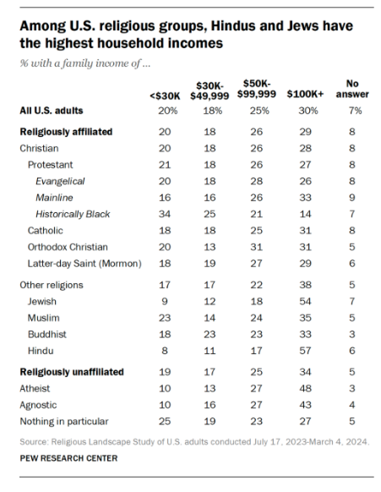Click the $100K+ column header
point(305,94)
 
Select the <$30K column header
point(165,96)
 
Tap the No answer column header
point(352,89)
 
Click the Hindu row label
point(41,351)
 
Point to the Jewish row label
point(42,301)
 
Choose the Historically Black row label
point(73,214)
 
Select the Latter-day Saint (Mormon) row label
point(84,264)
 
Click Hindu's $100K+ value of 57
point(305,351)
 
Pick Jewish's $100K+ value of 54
point(305,301)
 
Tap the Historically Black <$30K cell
point(165,214)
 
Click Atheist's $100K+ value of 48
point(305,389)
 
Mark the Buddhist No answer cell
point(352,334)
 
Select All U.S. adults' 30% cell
point(308,111)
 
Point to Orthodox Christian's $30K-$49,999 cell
point(210,247)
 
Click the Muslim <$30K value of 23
point(165,318)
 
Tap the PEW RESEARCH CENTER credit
point(68,458)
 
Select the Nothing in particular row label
point(64,421)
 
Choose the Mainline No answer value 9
point(352,198)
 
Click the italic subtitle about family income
point(85,63)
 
